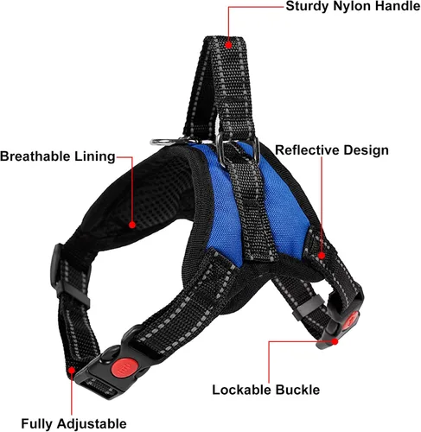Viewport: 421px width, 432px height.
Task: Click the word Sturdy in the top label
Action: pos(307,6)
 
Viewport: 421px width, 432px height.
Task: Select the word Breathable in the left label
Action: pos(35,156)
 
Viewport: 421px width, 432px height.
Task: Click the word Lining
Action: pos(95,156)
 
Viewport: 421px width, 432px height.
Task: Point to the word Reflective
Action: pos(307,150)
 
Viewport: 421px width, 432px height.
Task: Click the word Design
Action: pos(366,150)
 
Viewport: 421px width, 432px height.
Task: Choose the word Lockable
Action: pos(242,390)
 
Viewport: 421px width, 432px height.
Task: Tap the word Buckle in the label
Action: pos(297,390)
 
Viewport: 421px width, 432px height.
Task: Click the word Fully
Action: pos(37,424)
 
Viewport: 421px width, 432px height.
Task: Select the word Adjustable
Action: pos(92,424)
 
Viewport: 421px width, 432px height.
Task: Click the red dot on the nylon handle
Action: pos(228,45)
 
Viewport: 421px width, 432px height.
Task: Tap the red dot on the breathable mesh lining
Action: pos(132,225)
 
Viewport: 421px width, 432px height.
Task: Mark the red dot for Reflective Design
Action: pos(322,255)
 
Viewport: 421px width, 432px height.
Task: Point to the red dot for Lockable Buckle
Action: pos(335,341)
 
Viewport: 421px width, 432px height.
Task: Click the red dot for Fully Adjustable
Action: pos(72,370)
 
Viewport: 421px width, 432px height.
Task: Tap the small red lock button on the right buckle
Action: pos(351,321)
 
